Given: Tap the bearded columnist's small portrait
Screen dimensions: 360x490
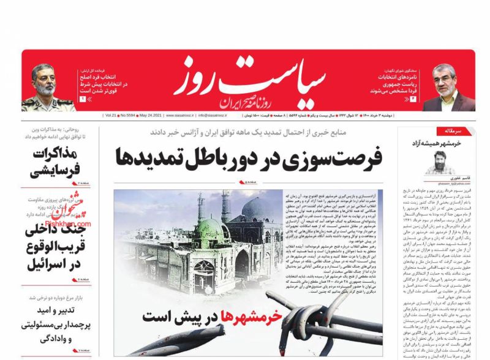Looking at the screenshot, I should pos(440,162).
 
